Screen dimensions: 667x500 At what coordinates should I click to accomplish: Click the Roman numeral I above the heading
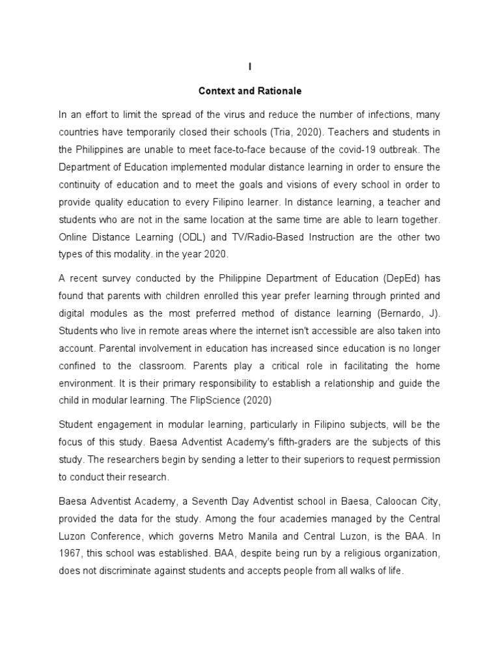click(x=249, y=67)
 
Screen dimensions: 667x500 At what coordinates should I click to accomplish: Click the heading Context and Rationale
click(x=249, y=91)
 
